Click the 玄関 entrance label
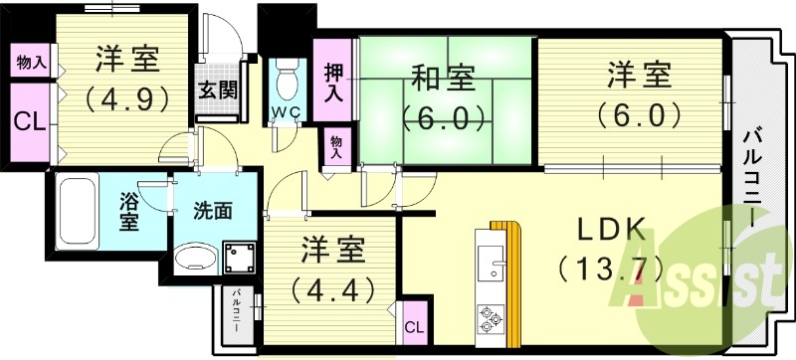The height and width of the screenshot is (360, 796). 216,89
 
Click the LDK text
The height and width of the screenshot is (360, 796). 611,226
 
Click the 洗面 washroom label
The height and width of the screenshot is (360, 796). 213,211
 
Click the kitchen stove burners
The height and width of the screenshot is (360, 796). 489,318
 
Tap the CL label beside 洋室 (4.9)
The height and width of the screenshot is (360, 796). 29,121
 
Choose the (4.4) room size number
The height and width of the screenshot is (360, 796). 331,289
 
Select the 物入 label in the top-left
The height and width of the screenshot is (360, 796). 31,62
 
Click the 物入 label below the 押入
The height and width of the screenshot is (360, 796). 336,147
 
